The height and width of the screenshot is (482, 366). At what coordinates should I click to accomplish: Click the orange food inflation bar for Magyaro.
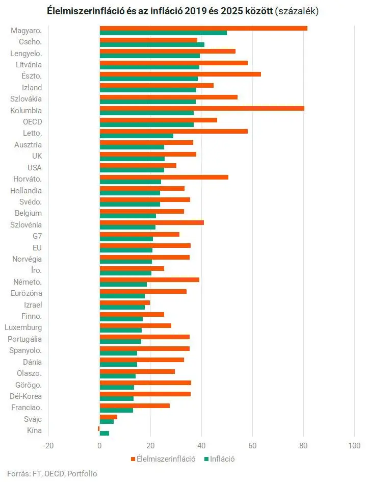click(x=203, y=28)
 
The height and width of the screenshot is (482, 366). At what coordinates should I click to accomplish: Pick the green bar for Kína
click(x=104, y=433)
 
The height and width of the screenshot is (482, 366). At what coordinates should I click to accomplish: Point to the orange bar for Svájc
click(x=109, y=417)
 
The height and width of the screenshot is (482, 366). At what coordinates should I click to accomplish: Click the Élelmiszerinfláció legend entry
click(x=163, y=459)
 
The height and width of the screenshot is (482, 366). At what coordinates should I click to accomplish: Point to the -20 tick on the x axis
click(x=48, y=445)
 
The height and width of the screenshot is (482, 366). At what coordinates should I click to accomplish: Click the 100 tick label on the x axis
click(x=354, y=445)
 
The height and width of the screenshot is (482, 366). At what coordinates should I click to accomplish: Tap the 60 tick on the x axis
click(x=252, y=445)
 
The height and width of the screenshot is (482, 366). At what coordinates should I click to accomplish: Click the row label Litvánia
click(x=29, y=65)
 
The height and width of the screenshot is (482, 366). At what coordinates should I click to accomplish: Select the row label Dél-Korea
click(x=25, y=396)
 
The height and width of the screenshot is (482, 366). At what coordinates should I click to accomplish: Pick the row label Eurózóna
click(x=27, y=293)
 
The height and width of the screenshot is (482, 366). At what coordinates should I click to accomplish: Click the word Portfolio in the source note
click(x=82, y=473)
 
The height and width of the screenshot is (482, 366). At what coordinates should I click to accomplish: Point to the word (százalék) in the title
click(x=297, y=10)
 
